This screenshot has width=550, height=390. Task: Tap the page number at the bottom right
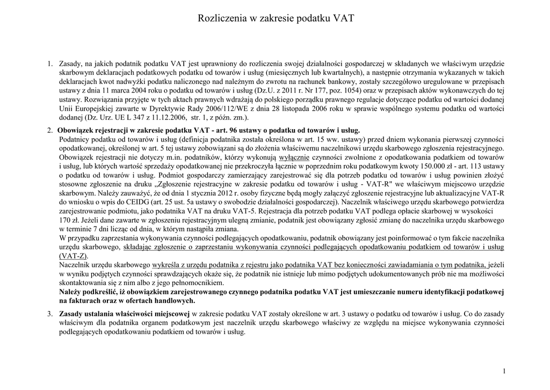505,371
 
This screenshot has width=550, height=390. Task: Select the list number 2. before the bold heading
49,131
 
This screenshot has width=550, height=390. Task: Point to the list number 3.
49,314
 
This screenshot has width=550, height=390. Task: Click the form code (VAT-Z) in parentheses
73,256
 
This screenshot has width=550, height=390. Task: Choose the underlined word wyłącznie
294,157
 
